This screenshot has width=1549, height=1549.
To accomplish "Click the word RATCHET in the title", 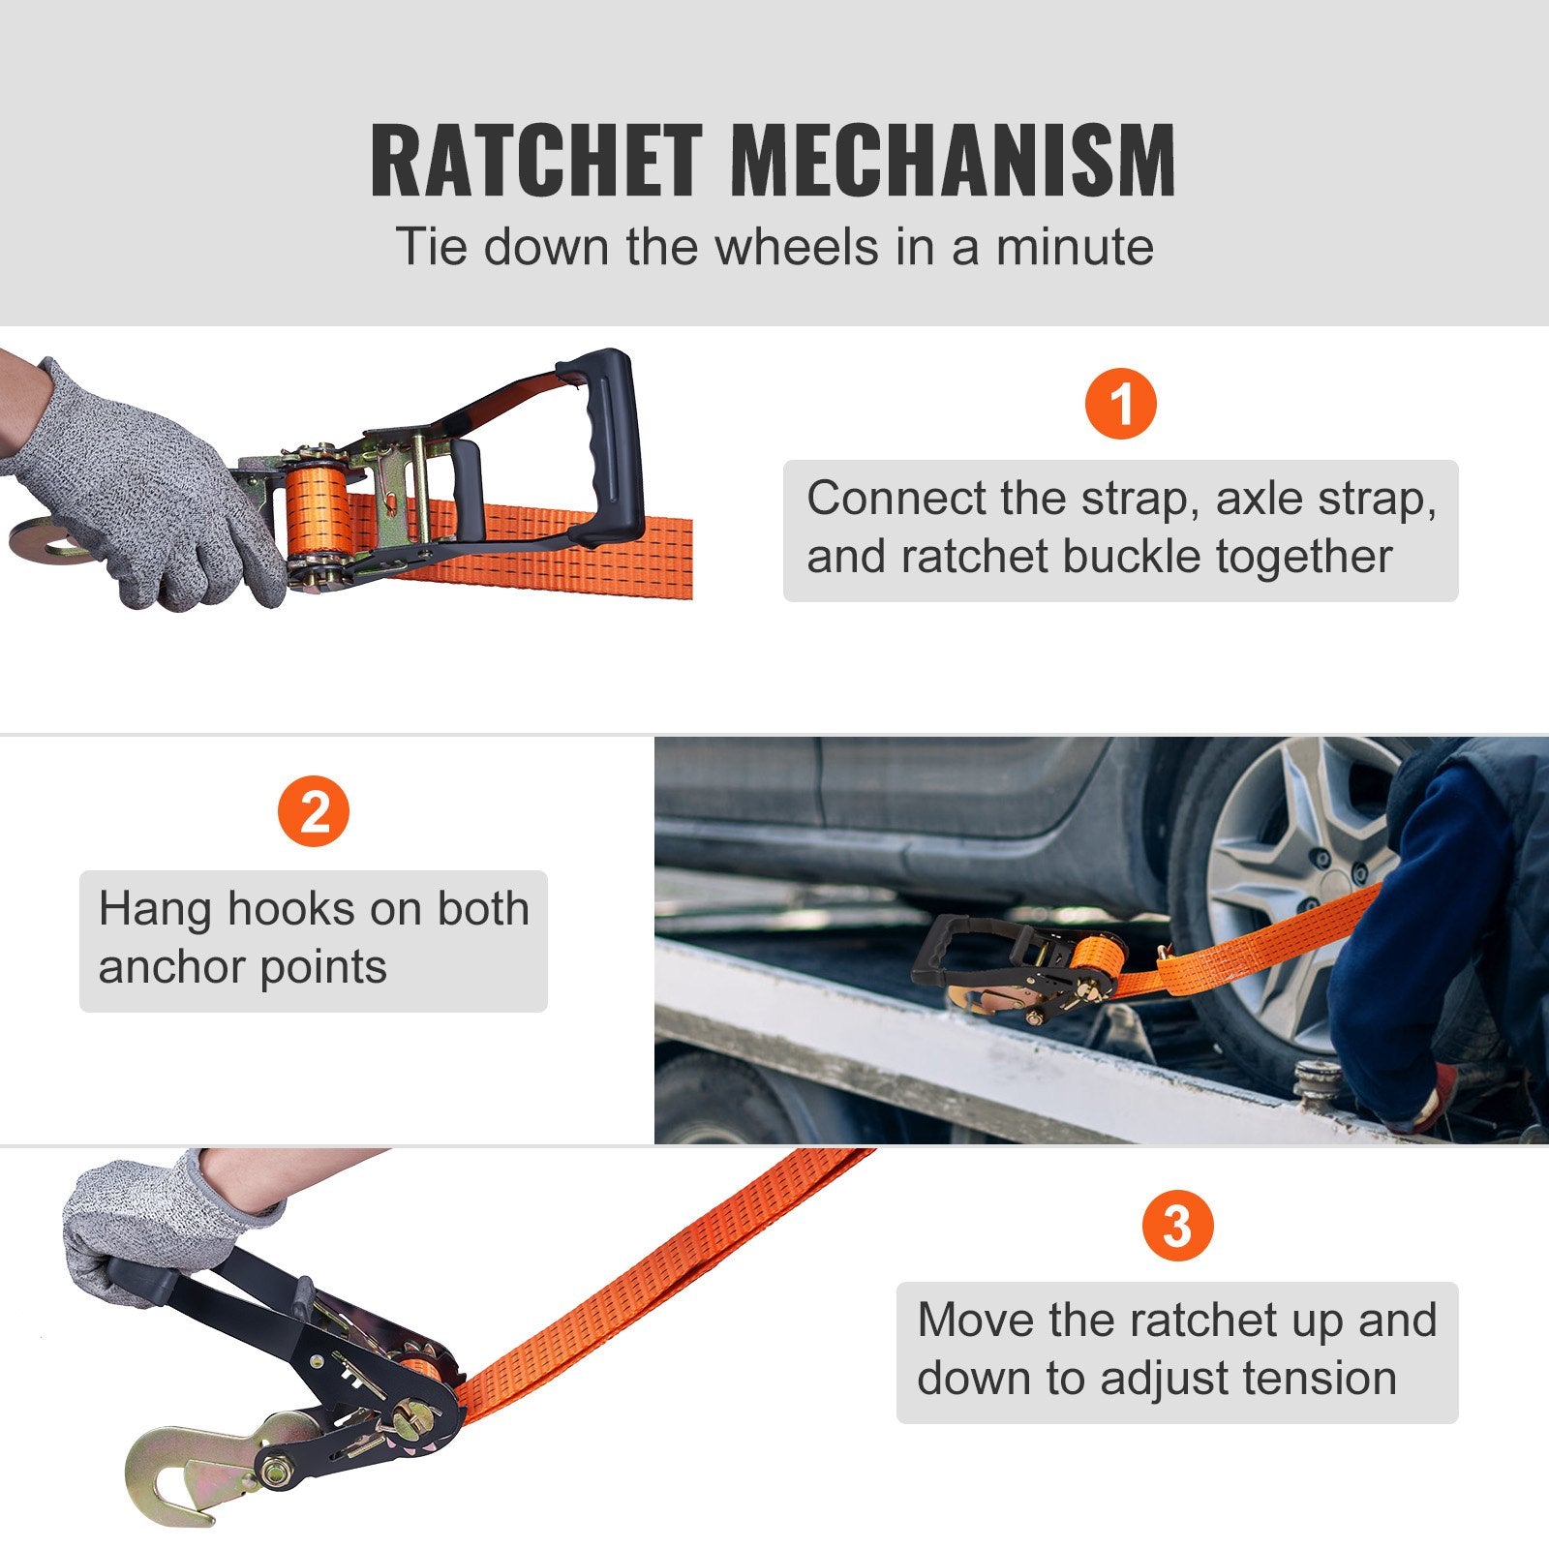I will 535,161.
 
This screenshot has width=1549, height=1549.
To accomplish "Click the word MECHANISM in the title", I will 953,161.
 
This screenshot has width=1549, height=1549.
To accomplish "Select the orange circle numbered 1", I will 1120,403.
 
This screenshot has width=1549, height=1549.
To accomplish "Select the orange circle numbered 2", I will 314,812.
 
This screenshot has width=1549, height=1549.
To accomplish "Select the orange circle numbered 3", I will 1176,1227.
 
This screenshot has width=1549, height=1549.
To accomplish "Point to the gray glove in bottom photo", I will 145,1225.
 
